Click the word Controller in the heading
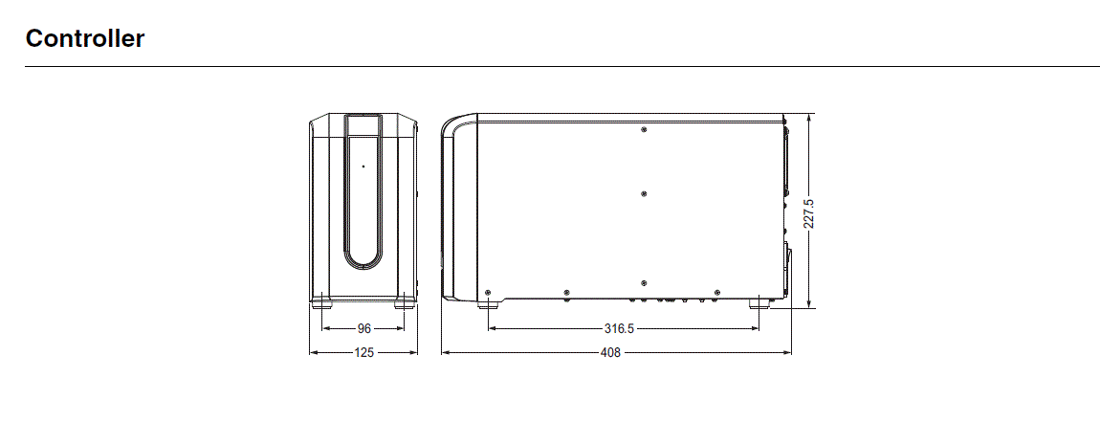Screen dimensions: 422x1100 click(85, 39)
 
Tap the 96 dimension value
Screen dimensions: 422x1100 click(363, 328)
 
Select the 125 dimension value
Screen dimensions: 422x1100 click(363, 352)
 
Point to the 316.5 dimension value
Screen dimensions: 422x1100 click(619, 328)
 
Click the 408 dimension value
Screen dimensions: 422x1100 click(610, 352)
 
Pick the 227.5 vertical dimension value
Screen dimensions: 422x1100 click(809, 213)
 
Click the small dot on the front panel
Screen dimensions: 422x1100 click(363, 167)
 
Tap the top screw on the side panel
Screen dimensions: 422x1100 click(644, 129)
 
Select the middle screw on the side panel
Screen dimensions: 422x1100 click(644, 193)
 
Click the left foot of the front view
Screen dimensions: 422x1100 click(320, 303)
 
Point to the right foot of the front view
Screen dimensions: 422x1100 click(407, 303)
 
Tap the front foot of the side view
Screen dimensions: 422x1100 click(489, 304)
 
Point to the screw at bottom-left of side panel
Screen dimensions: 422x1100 click(489, 291)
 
